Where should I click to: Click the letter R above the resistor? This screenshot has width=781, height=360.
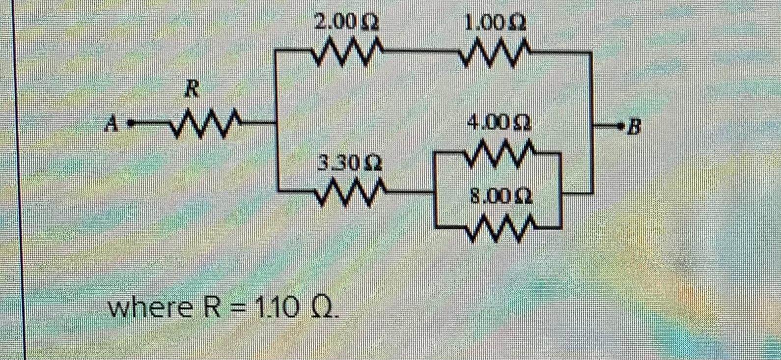point(192,90)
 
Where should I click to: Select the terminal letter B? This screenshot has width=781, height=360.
point(635,128)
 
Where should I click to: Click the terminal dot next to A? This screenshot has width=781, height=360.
point(131,124)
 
